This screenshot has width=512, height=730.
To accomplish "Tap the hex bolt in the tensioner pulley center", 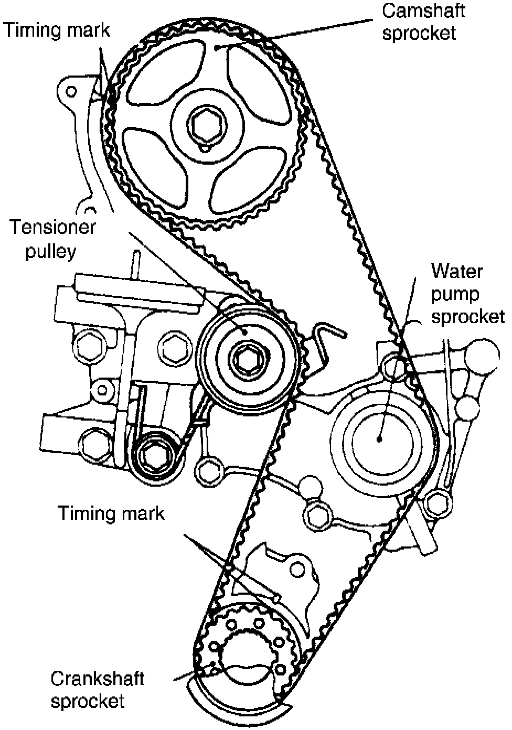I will click(x=244, y=360).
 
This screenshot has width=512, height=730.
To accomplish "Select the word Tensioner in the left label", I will click(x=53, y=228).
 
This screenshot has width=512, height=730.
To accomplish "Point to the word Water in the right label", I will click(x=457, y=272).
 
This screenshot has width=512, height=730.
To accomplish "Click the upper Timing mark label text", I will click(x=57, y=30).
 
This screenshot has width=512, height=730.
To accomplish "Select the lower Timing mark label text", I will click(x=111, y=512).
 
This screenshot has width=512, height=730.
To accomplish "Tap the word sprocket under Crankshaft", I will click(x=88, y=701).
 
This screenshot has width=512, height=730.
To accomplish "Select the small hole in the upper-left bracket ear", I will click(x=71, y=92).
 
